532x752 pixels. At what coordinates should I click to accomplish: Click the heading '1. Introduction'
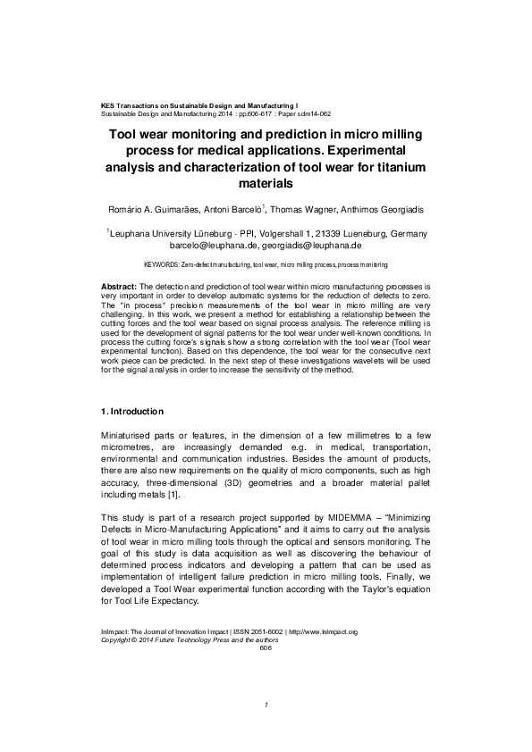(131, 412)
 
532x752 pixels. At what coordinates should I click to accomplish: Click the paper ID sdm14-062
(313, 114)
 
